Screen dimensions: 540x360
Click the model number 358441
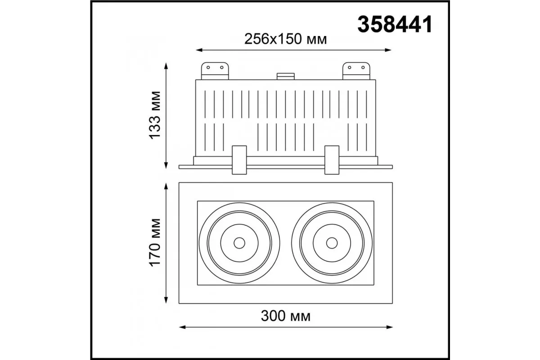coord(395,24)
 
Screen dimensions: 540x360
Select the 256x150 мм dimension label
coord(285,39)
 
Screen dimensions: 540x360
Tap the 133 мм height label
coord(155,115)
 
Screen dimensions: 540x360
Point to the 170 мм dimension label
coord(155,243)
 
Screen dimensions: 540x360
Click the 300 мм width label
coord(286,316)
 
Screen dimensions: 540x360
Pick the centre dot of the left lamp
coord(239,243)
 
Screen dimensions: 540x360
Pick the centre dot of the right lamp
coord(332,243)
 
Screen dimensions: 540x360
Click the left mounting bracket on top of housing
coord(215,71)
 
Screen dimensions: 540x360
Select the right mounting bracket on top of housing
coord(356,71)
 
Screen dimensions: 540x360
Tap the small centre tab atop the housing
coord(286,76)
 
